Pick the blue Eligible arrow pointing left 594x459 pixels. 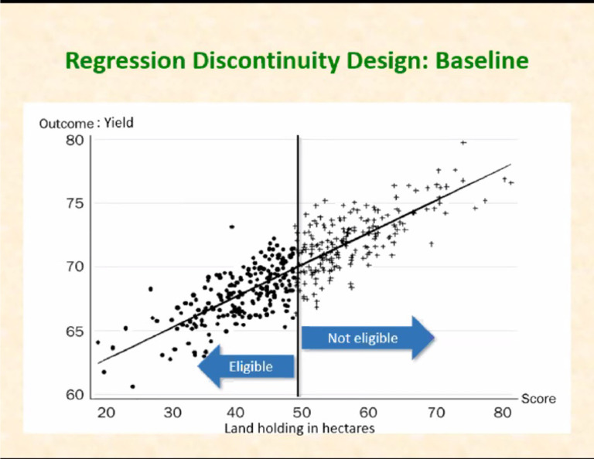247,365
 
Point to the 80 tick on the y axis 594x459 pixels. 75,140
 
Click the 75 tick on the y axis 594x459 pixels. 75,204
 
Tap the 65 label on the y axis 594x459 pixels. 75,331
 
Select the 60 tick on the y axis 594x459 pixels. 75,395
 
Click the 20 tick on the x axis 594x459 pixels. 106,413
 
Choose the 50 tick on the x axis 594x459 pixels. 302,413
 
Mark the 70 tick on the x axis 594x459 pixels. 436,413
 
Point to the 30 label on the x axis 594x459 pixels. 172,413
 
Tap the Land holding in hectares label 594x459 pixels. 299,427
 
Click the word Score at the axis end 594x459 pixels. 538,399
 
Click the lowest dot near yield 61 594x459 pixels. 133,386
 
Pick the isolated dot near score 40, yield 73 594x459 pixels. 232,226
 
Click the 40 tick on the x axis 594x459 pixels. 237,413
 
